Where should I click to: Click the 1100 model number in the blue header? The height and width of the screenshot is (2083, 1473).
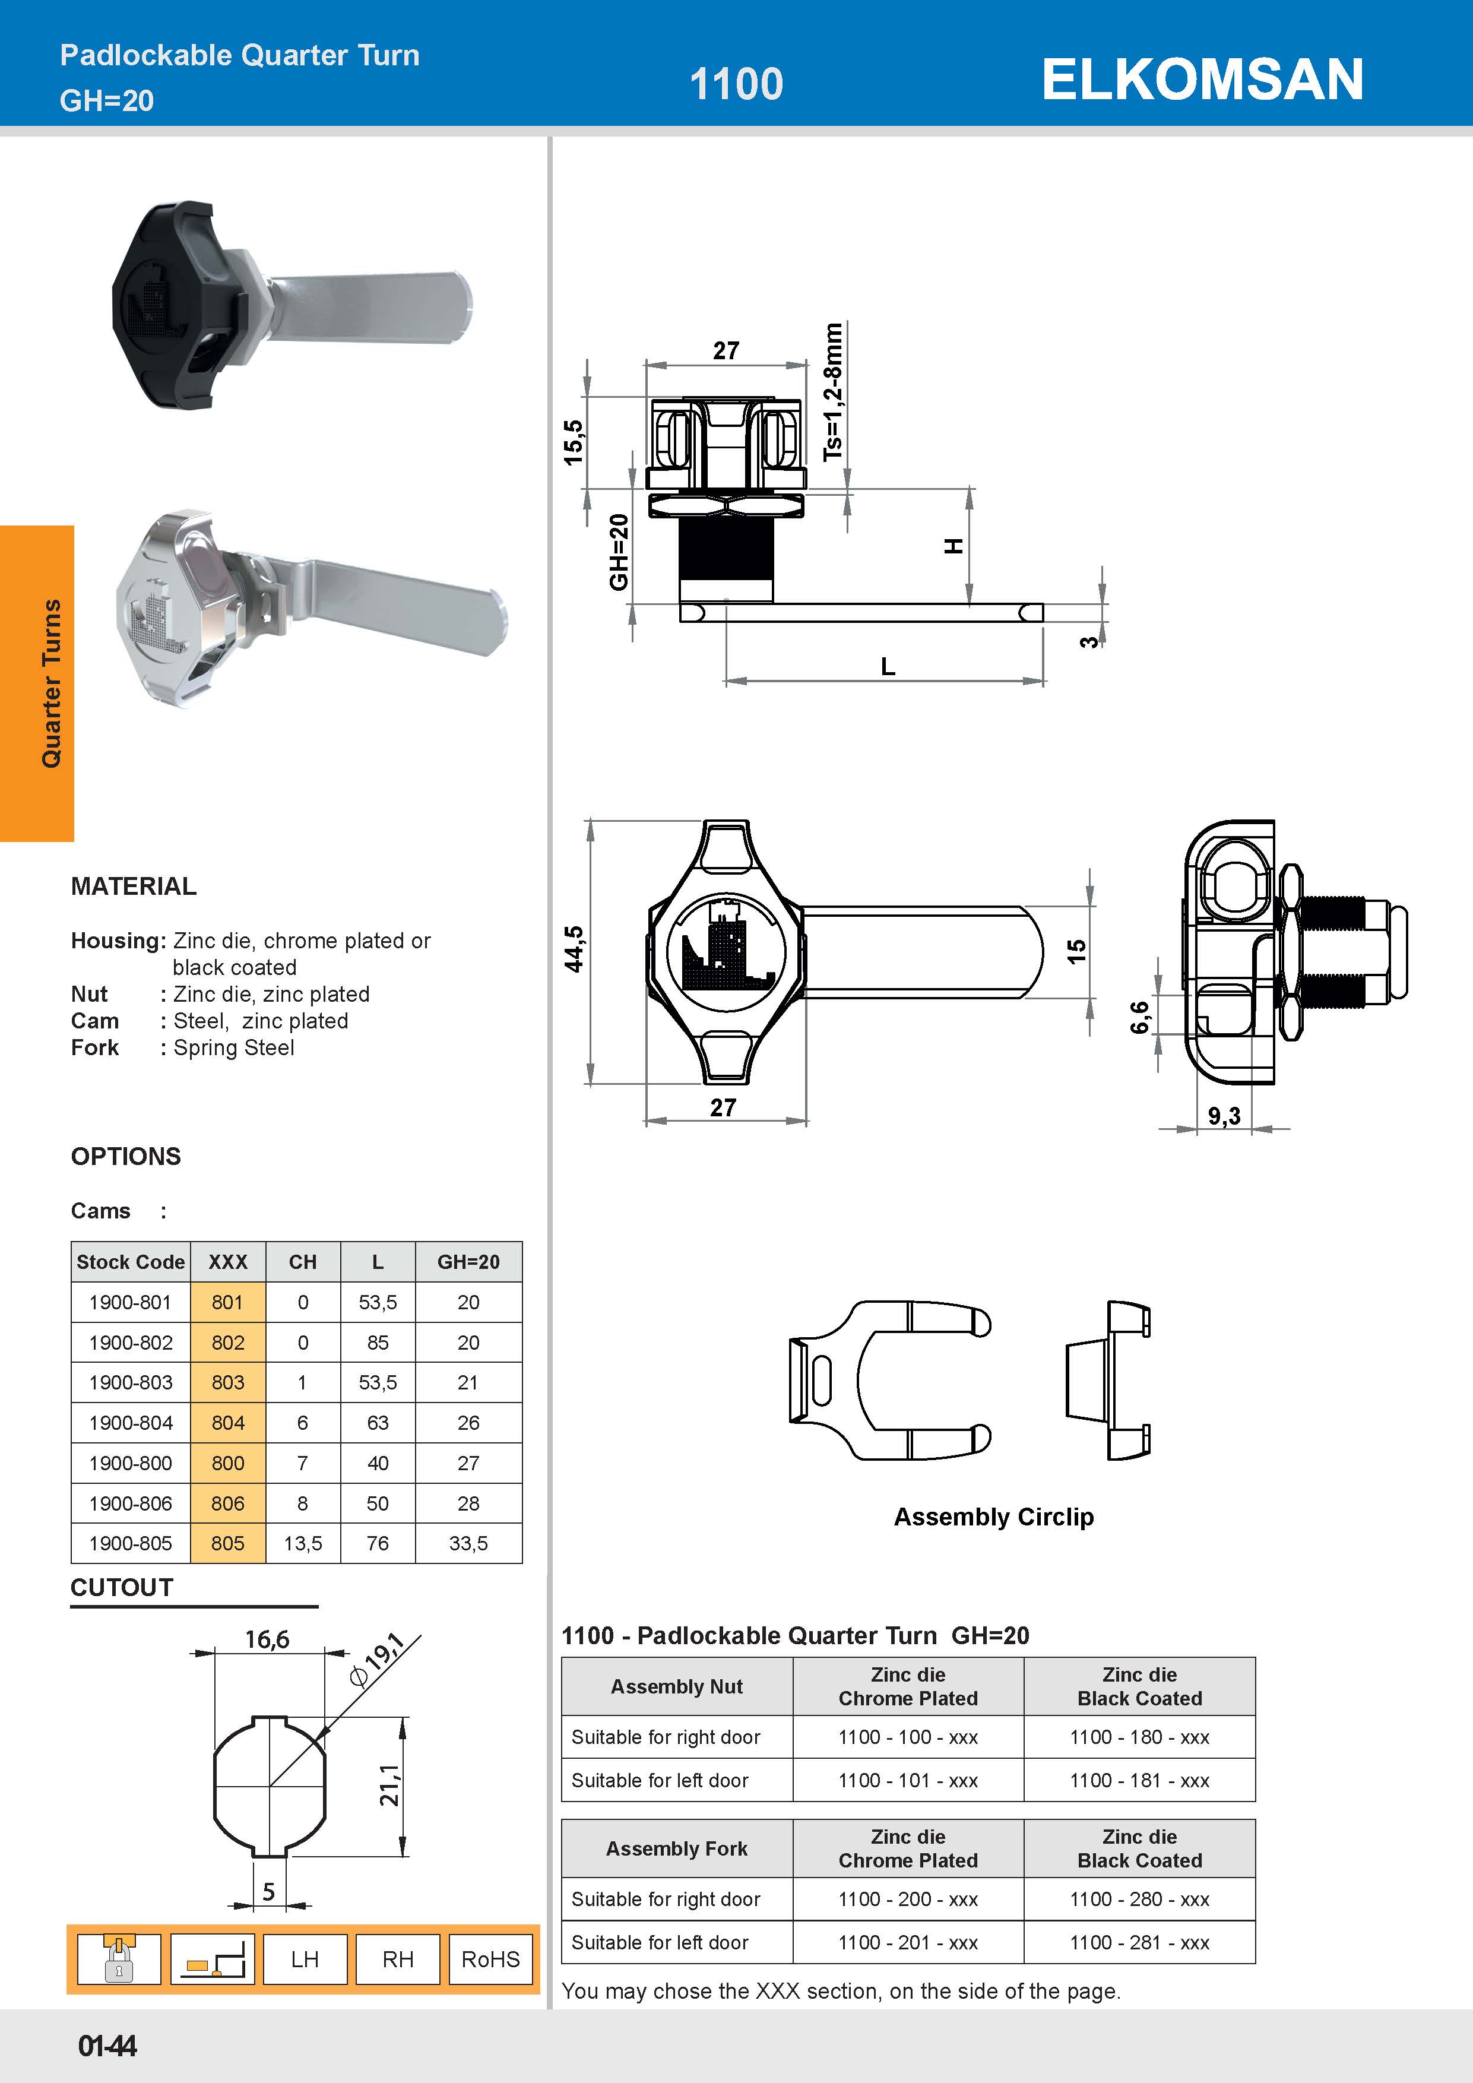click(x=736, y=84)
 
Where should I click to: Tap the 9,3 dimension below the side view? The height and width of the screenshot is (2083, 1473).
click(x=1224, y=1116)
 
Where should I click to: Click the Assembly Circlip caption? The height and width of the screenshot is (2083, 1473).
click(x=993, y=1517)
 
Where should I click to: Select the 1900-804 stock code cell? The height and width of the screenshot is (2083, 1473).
click(x=131, y=1423)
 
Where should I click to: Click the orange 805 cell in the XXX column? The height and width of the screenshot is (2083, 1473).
click(x=227, y=1543)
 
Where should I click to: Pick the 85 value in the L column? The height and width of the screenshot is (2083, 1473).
click(x=378, y=1342)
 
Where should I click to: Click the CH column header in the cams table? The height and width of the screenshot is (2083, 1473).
click(x=302, y=1262)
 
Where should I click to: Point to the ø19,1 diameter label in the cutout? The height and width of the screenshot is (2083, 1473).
click(x=378, y=1659)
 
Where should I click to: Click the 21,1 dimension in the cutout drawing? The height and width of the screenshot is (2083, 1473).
click(x=389, y=1786)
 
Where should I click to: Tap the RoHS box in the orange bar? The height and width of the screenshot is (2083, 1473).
click(x=490, y=1959)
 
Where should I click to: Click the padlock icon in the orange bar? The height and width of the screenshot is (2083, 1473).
click(x=119, y=1959)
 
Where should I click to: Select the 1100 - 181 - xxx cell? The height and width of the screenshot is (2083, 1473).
click(x=1139, y=1780)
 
